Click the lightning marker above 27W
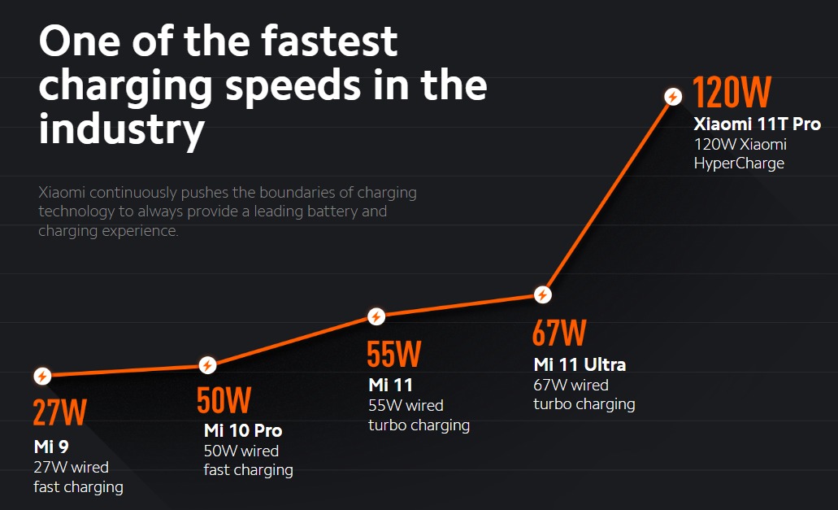click(42, 376)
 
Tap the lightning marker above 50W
click(208, 365)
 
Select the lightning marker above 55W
click(376, 316)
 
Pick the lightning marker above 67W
click(542, 295)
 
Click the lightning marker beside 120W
click(673, 97)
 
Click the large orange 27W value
click(59, 412)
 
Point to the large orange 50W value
click(224, 401)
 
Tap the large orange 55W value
click(394, 355)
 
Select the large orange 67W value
click(559, 333)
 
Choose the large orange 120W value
click(732, 93)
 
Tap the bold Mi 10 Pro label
click(243, 430)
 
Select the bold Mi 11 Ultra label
click(580, 364)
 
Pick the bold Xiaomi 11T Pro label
click(757, 124)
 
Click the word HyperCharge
click(739, 163)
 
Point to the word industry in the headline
click(121, 129)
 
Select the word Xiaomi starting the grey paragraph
click(62, 193)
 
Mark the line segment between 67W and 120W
click(608, 195)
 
